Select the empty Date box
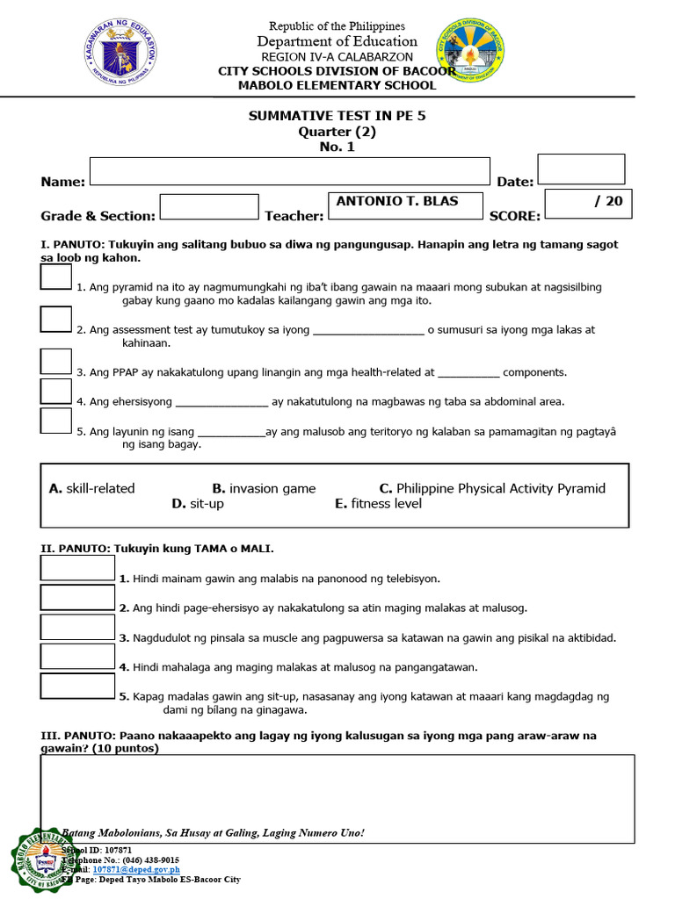point(580,169)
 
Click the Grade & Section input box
point(209,207)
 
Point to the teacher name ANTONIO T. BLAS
point(397,201)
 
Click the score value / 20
point(607,201)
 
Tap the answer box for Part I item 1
point(55,277)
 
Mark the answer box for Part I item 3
point(55,361)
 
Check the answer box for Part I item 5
point(55,421)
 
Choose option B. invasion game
point(264,488)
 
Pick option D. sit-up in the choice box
point(198,504)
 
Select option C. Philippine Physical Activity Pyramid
point(491,488)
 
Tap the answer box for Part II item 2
point(77,597)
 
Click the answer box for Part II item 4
point(77,656)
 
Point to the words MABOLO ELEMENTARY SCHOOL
point(337,85)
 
